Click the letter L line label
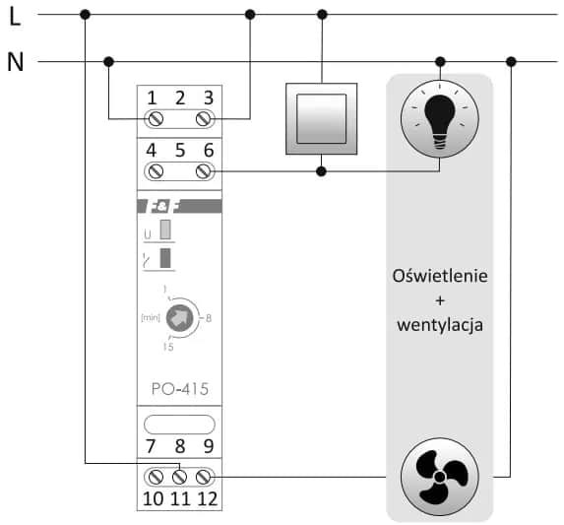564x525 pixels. click(x=14, y=16)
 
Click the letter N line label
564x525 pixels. click(x=15, y=62)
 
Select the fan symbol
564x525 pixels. click(x=439, y=477)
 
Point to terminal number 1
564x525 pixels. click(x=153, y=98)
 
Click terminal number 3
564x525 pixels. click(x=208, y=98)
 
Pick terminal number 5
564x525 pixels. click(x=179, y=151)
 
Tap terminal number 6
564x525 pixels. click(x=208, y=151)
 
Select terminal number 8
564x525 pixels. click(x=179, y=445)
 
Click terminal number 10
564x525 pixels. click(x=153, y=497)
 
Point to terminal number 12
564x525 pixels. click(x=207, y=497)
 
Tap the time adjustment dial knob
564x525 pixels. click(x=179, y=317)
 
